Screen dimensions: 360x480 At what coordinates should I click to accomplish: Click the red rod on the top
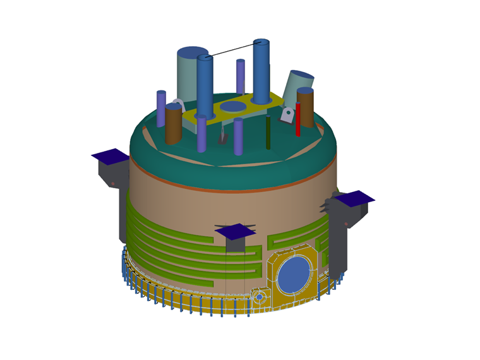click(x=297, y=120)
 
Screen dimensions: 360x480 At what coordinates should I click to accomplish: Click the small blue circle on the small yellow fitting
click(x=259, y=296)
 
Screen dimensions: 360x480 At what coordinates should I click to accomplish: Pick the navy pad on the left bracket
click(x=111, y=155)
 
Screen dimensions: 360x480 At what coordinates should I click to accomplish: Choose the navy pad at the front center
click(x=236, y=231)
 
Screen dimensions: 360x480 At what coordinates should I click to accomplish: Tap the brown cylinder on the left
click(x=173, y=125)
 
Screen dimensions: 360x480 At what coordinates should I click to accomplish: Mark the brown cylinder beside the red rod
click(x=306, y=109)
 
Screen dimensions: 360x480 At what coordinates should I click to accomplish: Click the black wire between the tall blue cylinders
click(x=232, y=50)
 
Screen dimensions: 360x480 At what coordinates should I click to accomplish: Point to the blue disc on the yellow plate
click(x=233, y=106)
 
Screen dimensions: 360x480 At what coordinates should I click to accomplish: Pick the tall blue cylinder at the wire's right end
click(x=261, y=71)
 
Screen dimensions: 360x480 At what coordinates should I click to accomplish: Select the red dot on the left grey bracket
click(x=112, y=183)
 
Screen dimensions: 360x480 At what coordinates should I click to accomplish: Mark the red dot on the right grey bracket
click(x=345, y=224)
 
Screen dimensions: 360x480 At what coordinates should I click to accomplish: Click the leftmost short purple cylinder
click(x=161, y=109)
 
